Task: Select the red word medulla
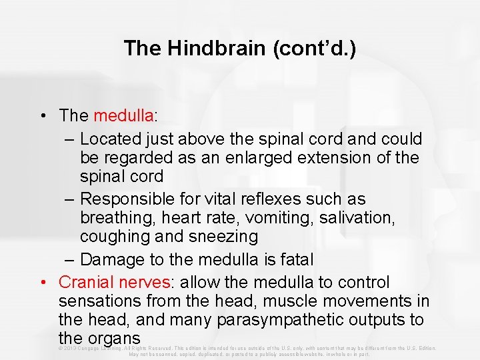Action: [x=123, y=115]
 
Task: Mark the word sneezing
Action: [x=225, y=237]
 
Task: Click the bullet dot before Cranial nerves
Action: [x=43, y=282]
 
